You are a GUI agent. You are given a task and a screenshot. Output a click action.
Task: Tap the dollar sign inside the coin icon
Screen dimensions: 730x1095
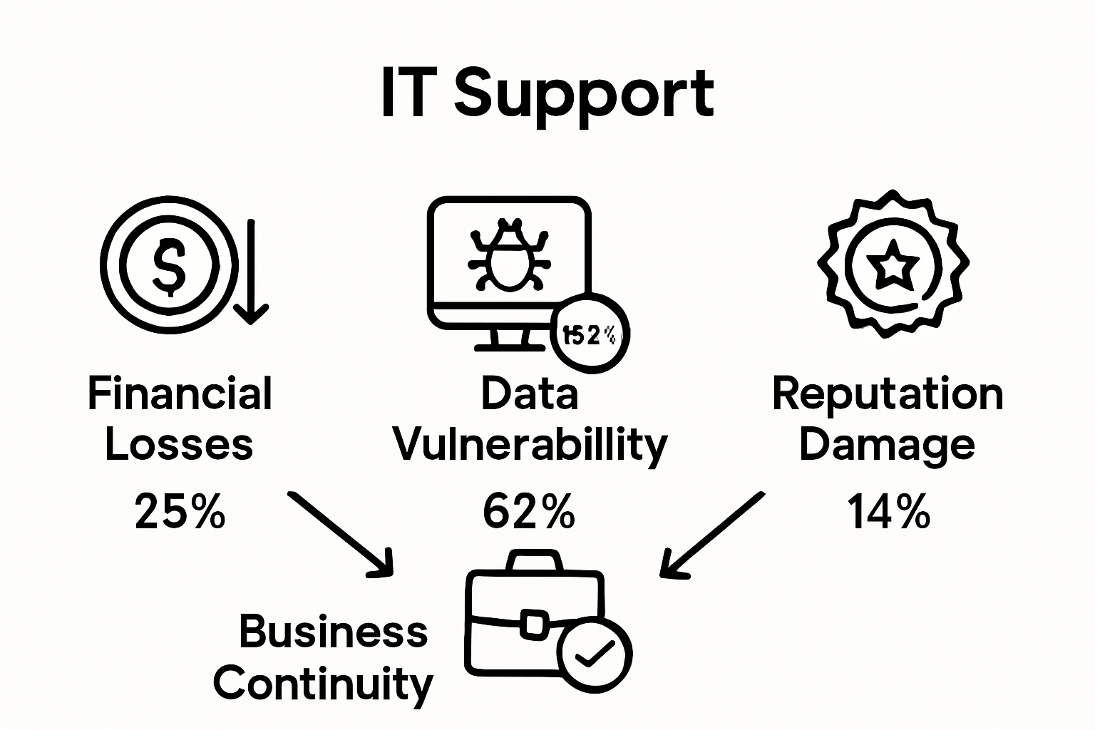click(x=168, y=265)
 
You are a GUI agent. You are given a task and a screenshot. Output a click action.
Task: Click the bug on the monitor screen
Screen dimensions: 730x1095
click(x=508, y=258)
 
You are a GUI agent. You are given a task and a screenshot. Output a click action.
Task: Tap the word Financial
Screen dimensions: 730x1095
click(x=180, y=394)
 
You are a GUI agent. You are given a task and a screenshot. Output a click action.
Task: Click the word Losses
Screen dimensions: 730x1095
click(x=179, y=444)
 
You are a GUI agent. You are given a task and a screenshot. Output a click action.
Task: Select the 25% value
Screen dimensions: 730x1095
click(x=180, y=511)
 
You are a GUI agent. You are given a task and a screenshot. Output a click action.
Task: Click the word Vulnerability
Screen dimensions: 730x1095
click(x=530, y=444)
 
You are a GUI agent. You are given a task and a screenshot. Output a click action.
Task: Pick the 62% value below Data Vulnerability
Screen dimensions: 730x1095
click(x=528, y=511)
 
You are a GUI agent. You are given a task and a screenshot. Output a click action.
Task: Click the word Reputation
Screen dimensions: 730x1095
click(x=888, y=394)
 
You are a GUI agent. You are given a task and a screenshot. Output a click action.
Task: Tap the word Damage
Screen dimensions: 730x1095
click(x=887, y=444)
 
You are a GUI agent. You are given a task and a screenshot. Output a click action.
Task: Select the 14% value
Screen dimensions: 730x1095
click(x=888, y=511)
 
